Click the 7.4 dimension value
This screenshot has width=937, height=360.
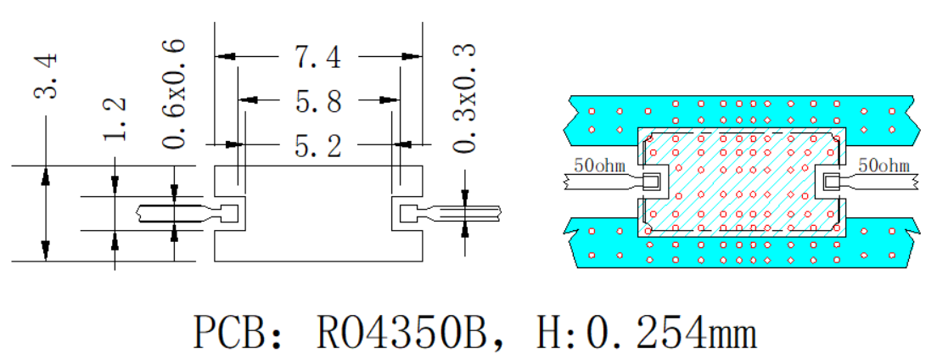pos(318,58)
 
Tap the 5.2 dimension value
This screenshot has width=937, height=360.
pos(318,144)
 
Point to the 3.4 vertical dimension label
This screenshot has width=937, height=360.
pos(46,76)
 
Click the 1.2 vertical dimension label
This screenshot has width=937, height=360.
pos(115,119)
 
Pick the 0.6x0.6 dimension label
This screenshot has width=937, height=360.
pos(172,94)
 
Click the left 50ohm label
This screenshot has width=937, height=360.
pos(599,165)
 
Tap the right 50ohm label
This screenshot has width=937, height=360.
pos(884,165)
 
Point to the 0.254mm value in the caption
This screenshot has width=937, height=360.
pos(671,334)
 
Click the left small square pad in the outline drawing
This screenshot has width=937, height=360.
pos(229,213)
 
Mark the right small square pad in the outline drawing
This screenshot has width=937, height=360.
pos(407,213)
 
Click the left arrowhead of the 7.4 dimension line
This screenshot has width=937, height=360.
pos(224,57)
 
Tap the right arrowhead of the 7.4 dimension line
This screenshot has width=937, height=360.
pos(413,57)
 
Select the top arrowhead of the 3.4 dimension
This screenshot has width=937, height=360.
pos(46,175)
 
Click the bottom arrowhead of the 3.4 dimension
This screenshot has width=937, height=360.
pos(46,252)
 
